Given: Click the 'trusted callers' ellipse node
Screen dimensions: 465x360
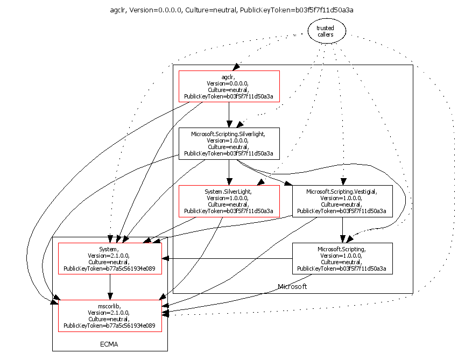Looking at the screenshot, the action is [x=327, y=31].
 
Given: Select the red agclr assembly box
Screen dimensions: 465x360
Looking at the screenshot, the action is [x=229, y=86].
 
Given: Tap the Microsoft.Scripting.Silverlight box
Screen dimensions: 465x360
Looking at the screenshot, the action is [x=229, y=144].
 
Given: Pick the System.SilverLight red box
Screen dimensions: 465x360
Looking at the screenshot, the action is [x=229, y=201].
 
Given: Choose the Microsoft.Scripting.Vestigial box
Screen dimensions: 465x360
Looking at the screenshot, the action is [x=342, y=201].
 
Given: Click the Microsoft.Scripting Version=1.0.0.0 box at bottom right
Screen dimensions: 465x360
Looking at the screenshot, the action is [x=342, y=258].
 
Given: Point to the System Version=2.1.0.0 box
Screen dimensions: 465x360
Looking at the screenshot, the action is [x=110, y=258].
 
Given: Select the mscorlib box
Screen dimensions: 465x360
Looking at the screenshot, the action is [x=110, y=316].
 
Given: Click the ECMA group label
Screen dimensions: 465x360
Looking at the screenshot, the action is [x=109, y=344].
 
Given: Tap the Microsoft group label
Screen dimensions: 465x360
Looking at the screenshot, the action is [x=292, y=287].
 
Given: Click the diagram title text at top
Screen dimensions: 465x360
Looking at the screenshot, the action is [x=231, y=10].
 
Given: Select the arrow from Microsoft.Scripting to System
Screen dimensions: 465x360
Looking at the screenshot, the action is [x=227, y=259].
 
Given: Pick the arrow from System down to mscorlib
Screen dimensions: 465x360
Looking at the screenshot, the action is [x=110, y=287].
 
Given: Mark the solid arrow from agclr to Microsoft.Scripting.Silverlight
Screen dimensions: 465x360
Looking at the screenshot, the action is [x=229, y=115].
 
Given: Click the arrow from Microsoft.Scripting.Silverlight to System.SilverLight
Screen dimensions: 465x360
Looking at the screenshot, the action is [x=229, y=172].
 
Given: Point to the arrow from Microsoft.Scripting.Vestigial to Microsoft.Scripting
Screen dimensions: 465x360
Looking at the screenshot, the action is [x=342, y=230].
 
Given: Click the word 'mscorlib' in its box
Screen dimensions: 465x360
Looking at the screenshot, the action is [x=109, y=306].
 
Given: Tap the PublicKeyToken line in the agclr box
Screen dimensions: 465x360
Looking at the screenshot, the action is [x=229, y=96].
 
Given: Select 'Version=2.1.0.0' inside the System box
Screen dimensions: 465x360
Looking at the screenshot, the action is [x=109, y=256].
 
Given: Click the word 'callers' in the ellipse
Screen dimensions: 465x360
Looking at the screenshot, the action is [x=325, y=34].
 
